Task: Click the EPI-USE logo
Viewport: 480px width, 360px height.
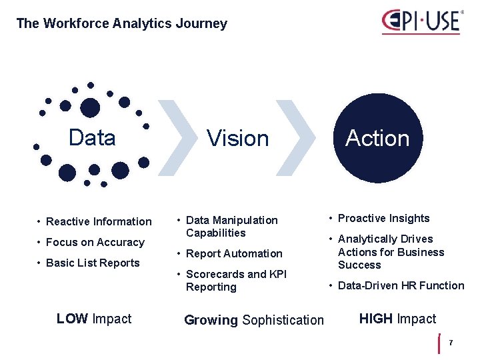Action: click(421, 21)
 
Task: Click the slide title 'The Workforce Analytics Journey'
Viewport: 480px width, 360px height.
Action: click(121, 23)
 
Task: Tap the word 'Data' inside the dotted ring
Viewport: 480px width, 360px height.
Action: click(92, 138)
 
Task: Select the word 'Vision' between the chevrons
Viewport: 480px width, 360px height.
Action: click(237, 139)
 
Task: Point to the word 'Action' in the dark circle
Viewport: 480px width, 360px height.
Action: click(377, 138)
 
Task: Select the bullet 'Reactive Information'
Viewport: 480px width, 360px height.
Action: click(99, 221)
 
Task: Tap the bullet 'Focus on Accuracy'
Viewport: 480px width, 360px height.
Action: click(95, 242)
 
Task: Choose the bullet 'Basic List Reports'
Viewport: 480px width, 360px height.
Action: click(93, 263)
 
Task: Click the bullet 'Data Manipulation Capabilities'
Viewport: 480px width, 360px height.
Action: click(231, 226)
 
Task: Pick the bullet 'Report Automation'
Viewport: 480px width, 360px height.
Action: click(234, 253)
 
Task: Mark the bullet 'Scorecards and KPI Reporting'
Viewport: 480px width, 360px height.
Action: click(236, 280)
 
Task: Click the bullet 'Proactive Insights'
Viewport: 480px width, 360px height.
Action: click(383, 218)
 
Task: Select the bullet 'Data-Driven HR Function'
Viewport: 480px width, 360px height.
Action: click(401, 285)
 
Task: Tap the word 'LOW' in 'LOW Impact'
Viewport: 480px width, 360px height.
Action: click(72, 319)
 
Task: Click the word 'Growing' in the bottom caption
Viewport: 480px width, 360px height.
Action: click(211, 320)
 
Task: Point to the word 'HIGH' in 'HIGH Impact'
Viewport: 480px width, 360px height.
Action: click(376, 319)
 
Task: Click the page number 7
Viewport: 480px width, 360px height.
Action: click(451, 343)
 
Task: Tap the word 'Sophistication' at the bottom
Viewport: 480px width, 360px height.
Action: click(283, 320)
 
